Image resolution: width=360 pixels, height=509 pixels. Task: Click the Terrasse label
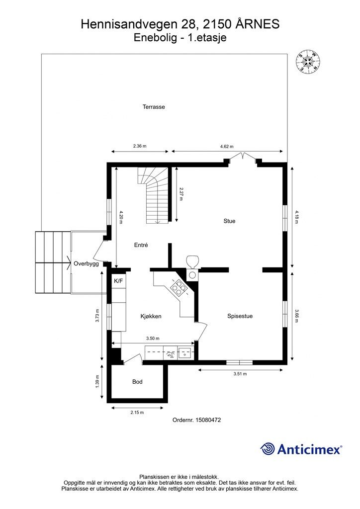tap(154, 107)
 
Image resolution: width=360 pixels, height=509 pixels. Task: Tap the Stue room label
tap(229, 221)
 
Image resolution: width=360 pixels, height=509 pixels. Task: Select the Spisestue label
tap(240, 316)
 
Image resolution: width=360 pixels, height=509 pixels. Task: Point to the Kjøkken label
tap(151, 316)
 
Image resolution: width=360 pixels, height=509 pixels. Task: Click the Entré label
tap(141, 245)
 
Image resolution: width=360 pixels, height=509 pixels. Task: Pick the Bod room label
tap(137, 382)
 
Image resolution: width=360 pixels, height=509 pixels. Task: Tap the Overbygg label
tap(86, 263)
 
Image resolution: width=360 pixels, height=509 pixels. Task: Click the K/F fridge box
tap(118, 281)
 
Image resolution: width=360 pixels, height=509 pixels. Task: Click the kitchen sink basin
tap(184, 353)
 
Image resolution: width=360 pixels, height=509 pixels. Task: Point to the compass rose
tap(308, 61)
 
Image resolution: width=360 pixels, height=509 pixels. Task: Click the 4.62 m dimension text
tap(227, 147)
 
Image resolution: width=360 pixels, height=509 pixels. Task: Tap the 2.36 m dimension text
tap(140, 146)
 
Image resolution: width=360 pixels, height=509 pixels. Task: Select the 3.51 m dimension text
tap(240, 374)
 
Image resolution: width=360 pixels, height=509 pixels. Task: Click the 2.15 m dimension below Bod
tap(137, 413)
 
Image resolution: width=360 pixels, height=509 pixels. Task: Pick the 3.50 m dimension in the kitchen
tap(153, 338)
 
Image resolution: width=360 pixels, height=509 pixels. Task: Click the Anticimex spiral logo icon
tap(268, 449)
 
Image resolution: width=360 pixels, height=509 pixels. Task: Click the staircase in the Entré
tap(154, 195)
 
